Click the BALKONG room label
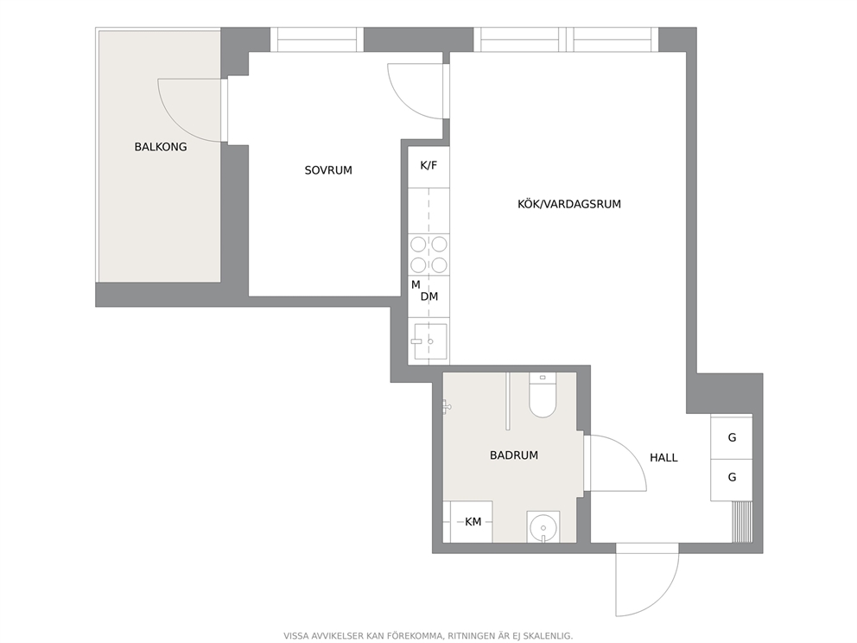[161, 147]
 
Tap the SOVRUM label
[328, 170]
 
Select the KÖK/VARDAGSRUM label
[569, 205]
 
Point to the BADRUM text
[514, 455]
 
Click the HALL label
[663, 458]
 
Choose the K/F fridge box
[428, 166]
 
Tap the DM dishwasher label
[429, 297]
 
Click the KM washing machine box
[471, 522]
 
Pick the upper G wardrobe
[731, 436]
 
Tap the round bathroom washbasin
[543, 527]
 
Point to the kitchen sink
[430, 341]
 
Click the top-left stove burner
[419, 245]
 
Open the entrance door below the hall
[646, 580]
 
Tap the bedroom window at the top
[317, 40]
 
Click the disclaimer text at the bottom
[428, 636]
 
